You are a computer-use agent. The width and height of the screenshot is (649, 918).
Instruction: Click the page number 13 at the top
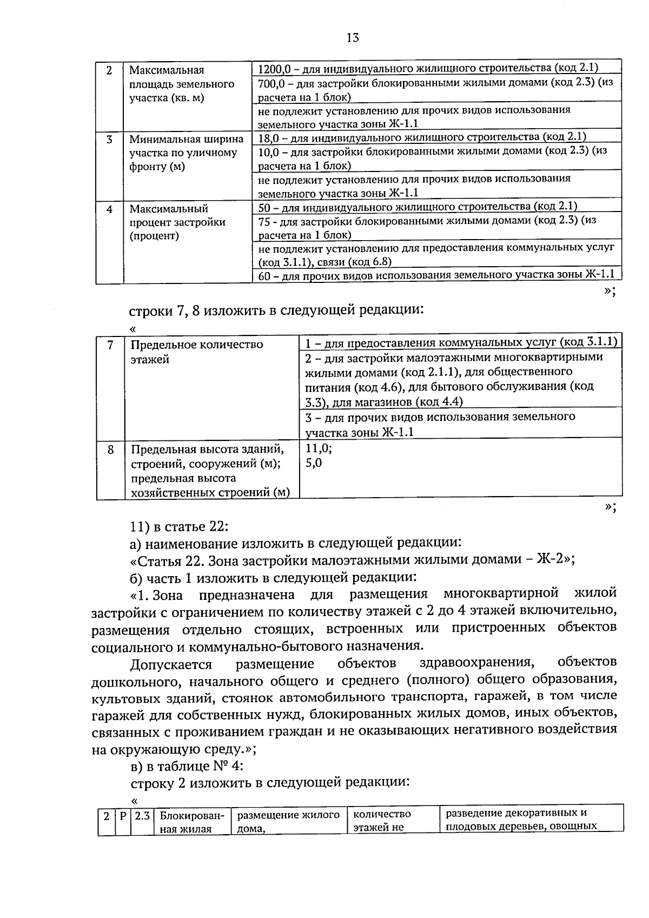[352, 38]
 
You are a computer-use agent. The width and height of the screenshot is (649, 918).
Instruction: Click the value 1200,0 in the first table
[275, 69]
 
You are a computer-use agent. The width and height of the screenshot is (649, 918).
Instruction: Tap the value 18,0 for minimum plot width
[268, 137]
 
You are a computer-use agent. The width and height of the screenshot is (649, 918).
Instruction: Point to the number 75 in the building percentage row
[264, 220]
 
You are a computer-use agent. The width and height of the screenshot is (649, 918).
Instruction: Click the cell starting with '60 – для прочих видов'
[436, 275]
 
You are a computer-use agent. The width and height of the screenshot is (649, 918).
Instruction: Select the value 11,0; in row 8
[319, 448]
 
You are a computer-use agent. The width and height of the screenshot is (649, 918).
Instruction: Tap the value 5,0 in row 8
[314, 463]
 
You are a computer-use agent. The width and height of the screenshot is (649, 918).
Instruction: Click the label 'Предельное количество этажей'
[197, 352]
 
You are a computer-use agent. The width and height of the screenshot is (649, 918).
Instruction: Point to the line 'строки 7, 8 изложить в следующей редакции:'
[276, 310]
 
